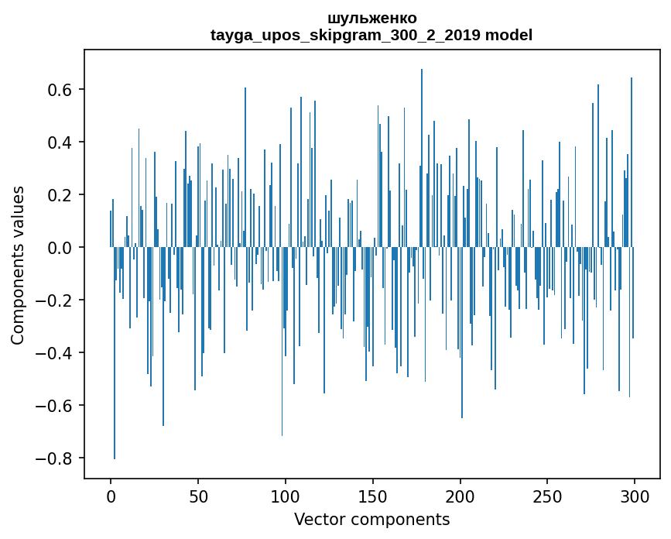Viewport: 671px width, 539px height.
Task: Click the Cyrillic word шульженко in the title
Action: (371, 18)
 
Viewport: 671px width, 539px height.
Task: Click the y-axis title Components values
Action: (18, 265)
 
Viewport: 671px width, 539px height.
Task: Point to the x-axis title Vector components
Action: (371, 519)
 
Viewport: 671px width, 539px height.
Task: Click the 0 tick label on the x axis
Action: (111, 496)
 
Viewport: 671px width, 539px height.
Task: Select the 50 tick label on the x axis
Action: (198, 496)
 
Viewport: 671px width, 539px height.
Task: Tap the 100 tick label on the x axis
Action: (286, 496)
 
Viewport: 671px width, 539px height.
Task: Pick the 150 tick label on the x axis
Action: (373, 496)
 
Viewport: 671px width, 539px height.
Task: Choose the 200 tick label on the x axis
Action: (460, 496)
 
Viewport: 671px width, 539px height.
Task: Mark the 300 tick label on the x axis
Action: (635, 496)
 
